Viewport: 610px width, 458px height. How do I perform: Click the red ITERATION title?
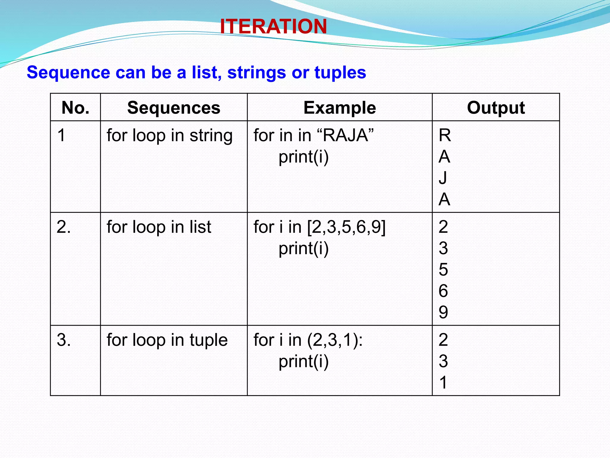(x=273, y=26)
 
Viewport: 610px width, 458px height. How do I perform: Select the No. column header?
(x=75, y=108)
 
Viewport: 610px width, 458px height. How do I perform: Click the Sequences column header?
(x=174, y=108)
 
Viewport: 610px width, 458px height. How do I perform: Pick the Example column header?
(x=340, y=108)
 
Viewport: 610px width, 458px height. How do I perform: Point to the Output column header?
(x=496, y=108)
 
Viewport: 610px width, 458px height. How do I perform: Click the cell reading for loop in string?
(x=169, y=135)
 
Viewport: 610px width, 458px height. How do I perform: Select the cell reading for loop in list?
(x=159, y=227)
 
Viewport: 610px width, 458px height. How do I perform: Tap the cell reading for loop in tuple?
(x=167, y=340)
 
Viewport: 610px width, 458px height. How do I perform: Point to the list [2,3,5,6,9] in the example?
(x=346, y=227)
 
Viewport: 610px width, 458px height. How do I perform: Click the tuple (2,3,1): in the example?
(x=335, y=340)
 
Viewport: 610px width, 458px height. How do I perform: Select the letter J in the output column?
(x=443, y=178)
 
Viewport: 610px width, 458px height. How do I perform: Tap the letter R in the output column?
(x=445, y=135)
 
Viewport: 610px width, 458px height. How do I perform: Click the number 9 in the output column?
(x=443, y=312)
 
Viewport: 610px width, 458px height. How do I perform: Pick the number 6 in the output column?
(x=443, y=291)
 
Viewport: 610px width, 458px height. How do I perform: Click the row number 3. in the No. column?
(x=64, y=340)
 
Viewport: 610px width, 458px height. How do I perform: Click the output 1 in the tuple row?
(x=443, y=382)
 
